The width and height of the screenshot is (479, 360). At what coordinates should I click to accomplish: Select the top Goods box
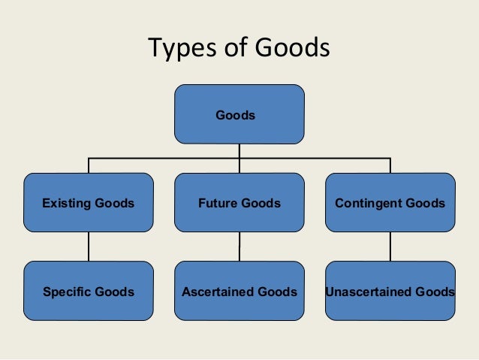239,114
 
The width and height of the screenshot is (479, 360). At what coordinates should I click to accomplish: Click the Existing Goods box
89,202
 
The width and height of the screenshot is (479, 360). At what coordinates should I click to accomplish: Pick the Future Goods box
239,202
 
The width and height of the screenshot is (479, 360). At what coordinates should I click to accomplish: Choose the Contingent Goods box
390,202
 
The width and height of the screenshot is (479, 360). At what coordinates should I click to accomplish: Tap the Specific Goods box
89,291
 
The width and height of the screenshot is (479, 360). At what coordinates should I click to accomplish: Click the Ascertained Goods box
239,291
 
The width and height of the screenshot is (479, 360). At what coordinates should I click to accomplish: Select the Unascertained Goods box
390,291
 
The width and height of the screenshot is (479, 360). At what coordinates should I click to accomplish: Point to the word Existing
67,203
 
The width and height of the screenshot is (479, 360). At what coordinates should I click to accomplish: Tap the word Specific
68,292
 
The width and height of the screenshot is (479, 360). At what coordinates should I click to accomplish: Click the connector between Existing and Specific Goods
89,247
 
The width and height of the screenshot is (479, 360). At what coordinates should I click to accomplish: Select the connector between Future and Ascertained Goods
239,247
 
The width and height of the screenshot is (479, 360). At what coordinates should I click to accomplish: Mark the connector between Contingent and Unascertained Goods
390,247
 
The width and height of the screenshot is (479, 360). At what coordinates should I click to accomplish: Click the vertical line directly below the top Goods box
239,150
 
